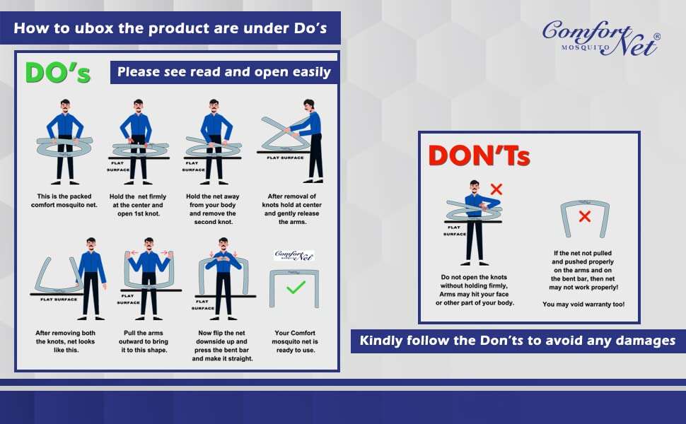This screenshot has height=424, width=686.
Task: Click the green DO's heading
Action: click(x=58, y=72)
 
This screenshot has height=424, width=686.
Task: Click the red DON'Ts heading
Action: click(x=479, y=155)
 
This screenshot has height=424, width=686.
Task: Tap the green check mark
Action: click(x=296, y=287)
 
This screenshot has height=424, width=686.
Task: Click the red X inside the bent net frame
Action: click(x=584, y=216)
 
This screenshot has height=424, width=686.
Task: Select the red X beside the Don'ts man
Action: click(x=496, y=189)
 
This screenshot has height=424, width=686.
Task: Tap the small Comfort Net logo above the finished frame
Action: click(x=294, y=255)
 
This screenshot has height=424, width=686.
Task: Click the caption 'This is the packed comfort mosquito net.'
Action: click(x=64, y=201)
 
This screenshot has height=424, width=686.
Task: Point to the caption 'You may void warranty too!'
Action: click(x=583, y=305)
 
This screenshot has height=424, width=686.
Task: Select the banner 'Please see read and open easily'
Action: click(x=224, y=72)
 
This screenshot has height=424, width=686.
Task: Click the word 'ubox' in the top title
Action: click(x=94, y=28)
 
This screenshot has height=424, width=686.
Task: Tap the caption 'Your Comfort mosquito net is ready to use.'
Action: click(x=295, y=341)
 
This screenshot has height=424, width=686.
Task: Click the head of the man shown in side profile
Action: click(x=309, y=105)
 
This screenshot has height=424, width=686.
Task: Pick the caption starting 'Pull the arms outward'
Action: click(x=144, y=341)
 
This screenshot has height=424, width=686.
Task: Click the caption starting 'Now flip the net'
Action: click(x=222, y=346)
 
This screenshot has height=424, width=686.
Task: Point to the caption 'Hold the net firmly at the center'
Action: click(x=138, y=205)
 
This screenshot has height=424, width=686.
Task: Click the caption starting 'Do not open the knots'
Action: click(x=475, y=290)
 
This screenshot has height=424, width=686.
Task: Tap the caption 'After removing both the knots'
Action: click(x=65, y=341)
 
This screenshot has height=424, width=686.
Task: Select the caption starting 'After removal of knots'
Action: click(x=292, y=209)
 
